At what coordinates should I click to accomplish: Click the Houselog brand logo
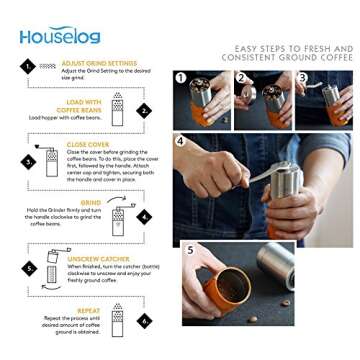(59, 36)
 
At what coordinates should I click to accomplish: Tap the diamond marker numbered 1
(28, 66)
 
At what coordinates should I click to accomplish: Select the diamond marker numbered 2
(144, 111)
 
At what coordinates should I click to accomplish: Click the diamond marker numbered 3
(28, 160)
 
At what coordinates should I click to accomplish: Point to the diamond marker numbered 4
(144, 216)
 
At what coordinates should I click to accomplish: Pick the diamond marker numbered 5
(28, 269)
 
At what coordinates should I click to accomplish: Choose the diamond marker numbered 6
(144, 321)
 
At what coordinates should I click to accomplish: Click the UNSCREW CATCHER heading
(96, 257)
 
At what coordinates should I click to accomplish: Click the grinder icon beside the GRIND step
(117, 214)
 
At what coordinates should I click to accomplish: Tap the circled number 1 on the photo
(181, 77)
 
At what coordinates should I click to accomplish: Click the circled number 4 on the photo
(181, 141)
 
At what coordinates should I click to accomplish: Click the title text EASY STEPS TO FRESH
(293, 48)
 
